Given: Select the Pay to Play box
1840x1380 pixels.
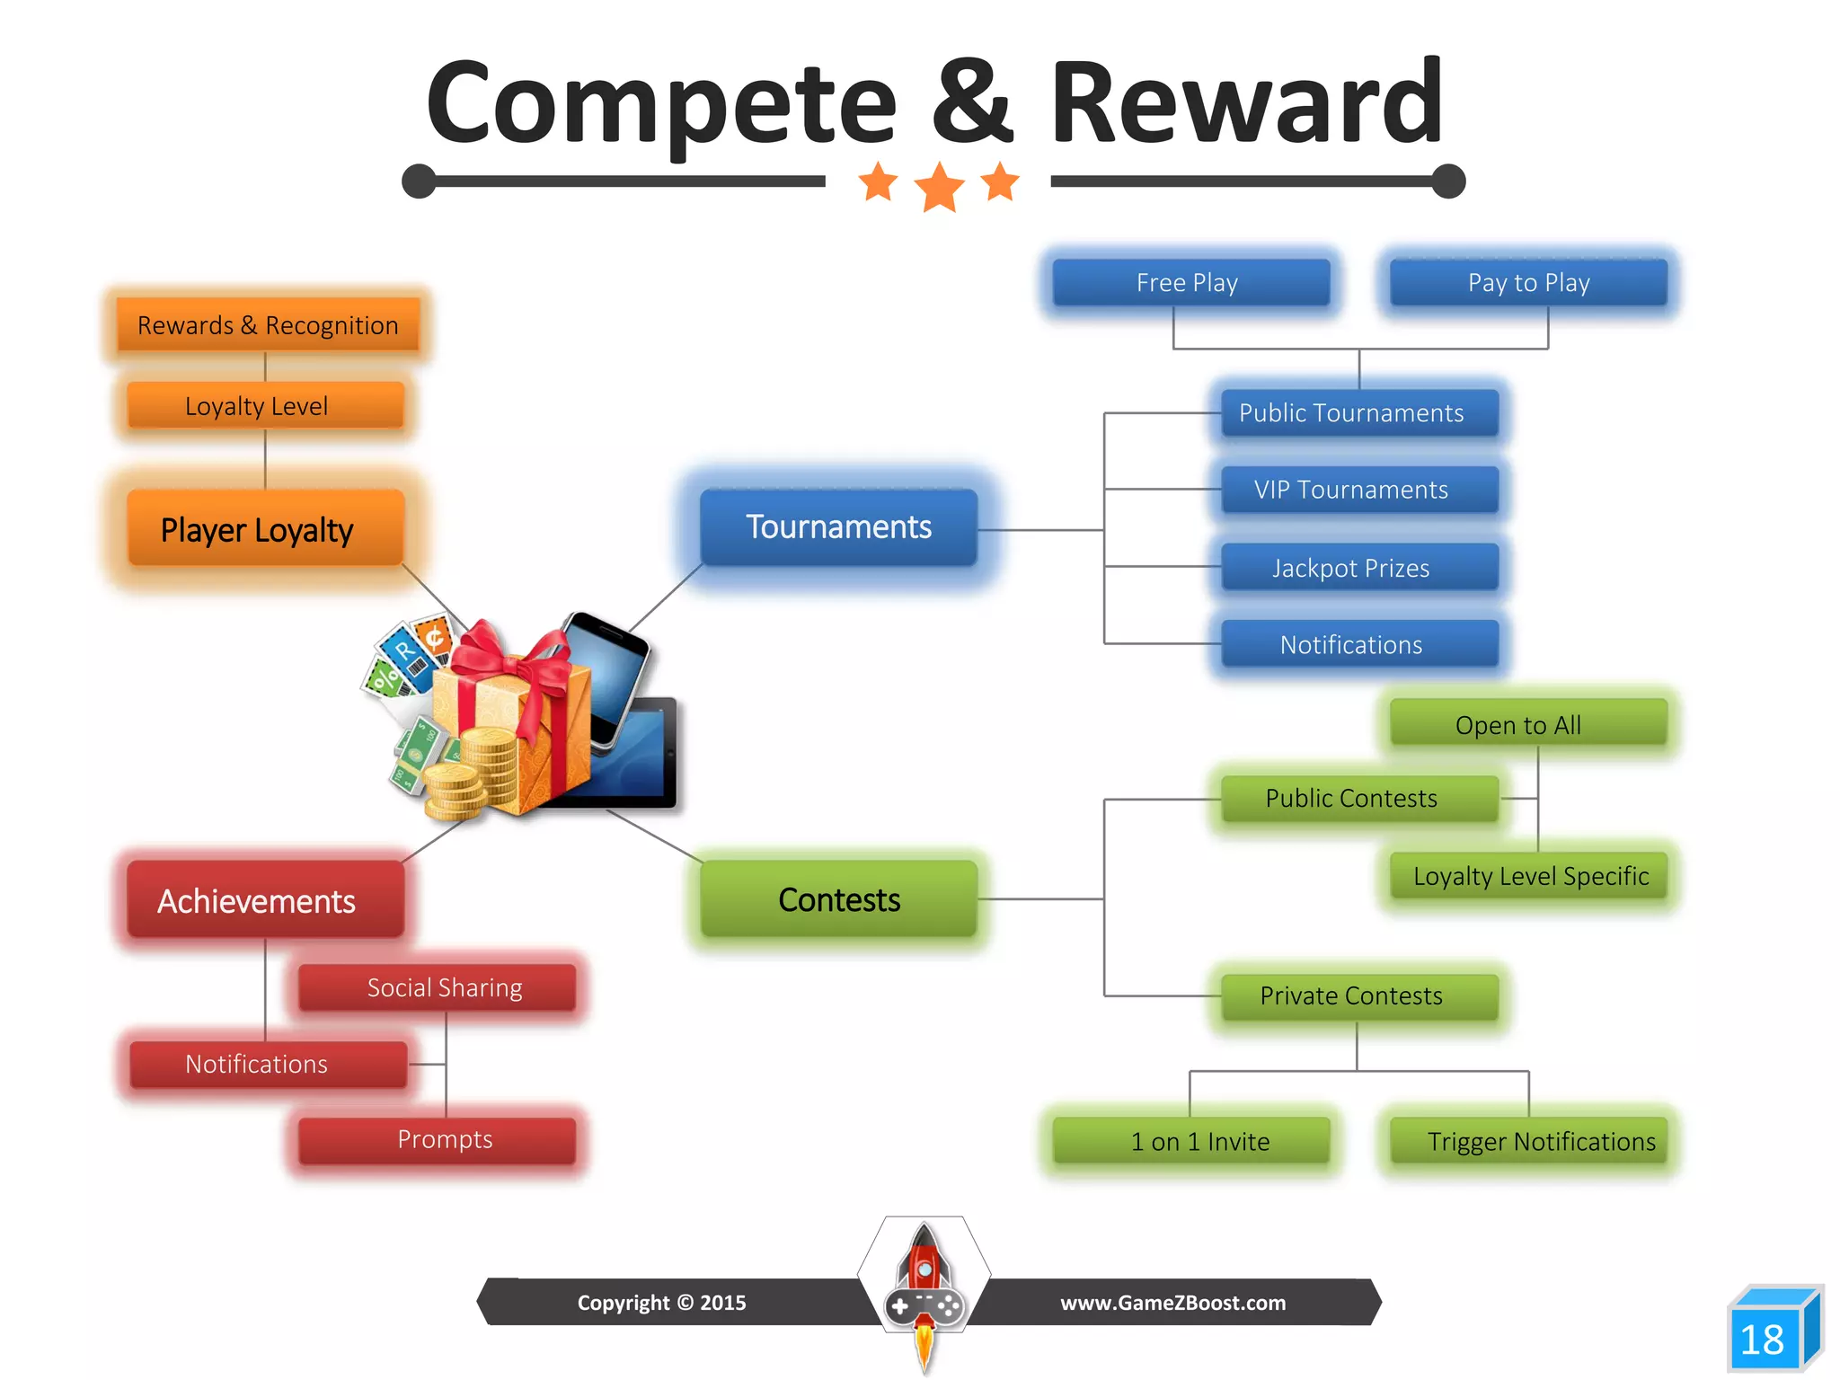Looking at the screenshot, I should (x=1528, y=283).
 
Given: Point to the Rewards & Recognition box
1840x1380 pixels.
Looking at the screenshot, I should (x=268, y=324).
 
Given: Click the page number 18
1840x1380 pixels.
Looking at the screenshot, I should (x=1763, y=1340).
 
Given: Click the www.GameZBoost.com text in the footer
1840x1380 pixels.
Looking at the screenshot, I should (x=1172, y=1303).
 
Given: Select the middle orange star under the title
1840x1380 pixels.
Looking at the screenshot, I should (x=939, y=187).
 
